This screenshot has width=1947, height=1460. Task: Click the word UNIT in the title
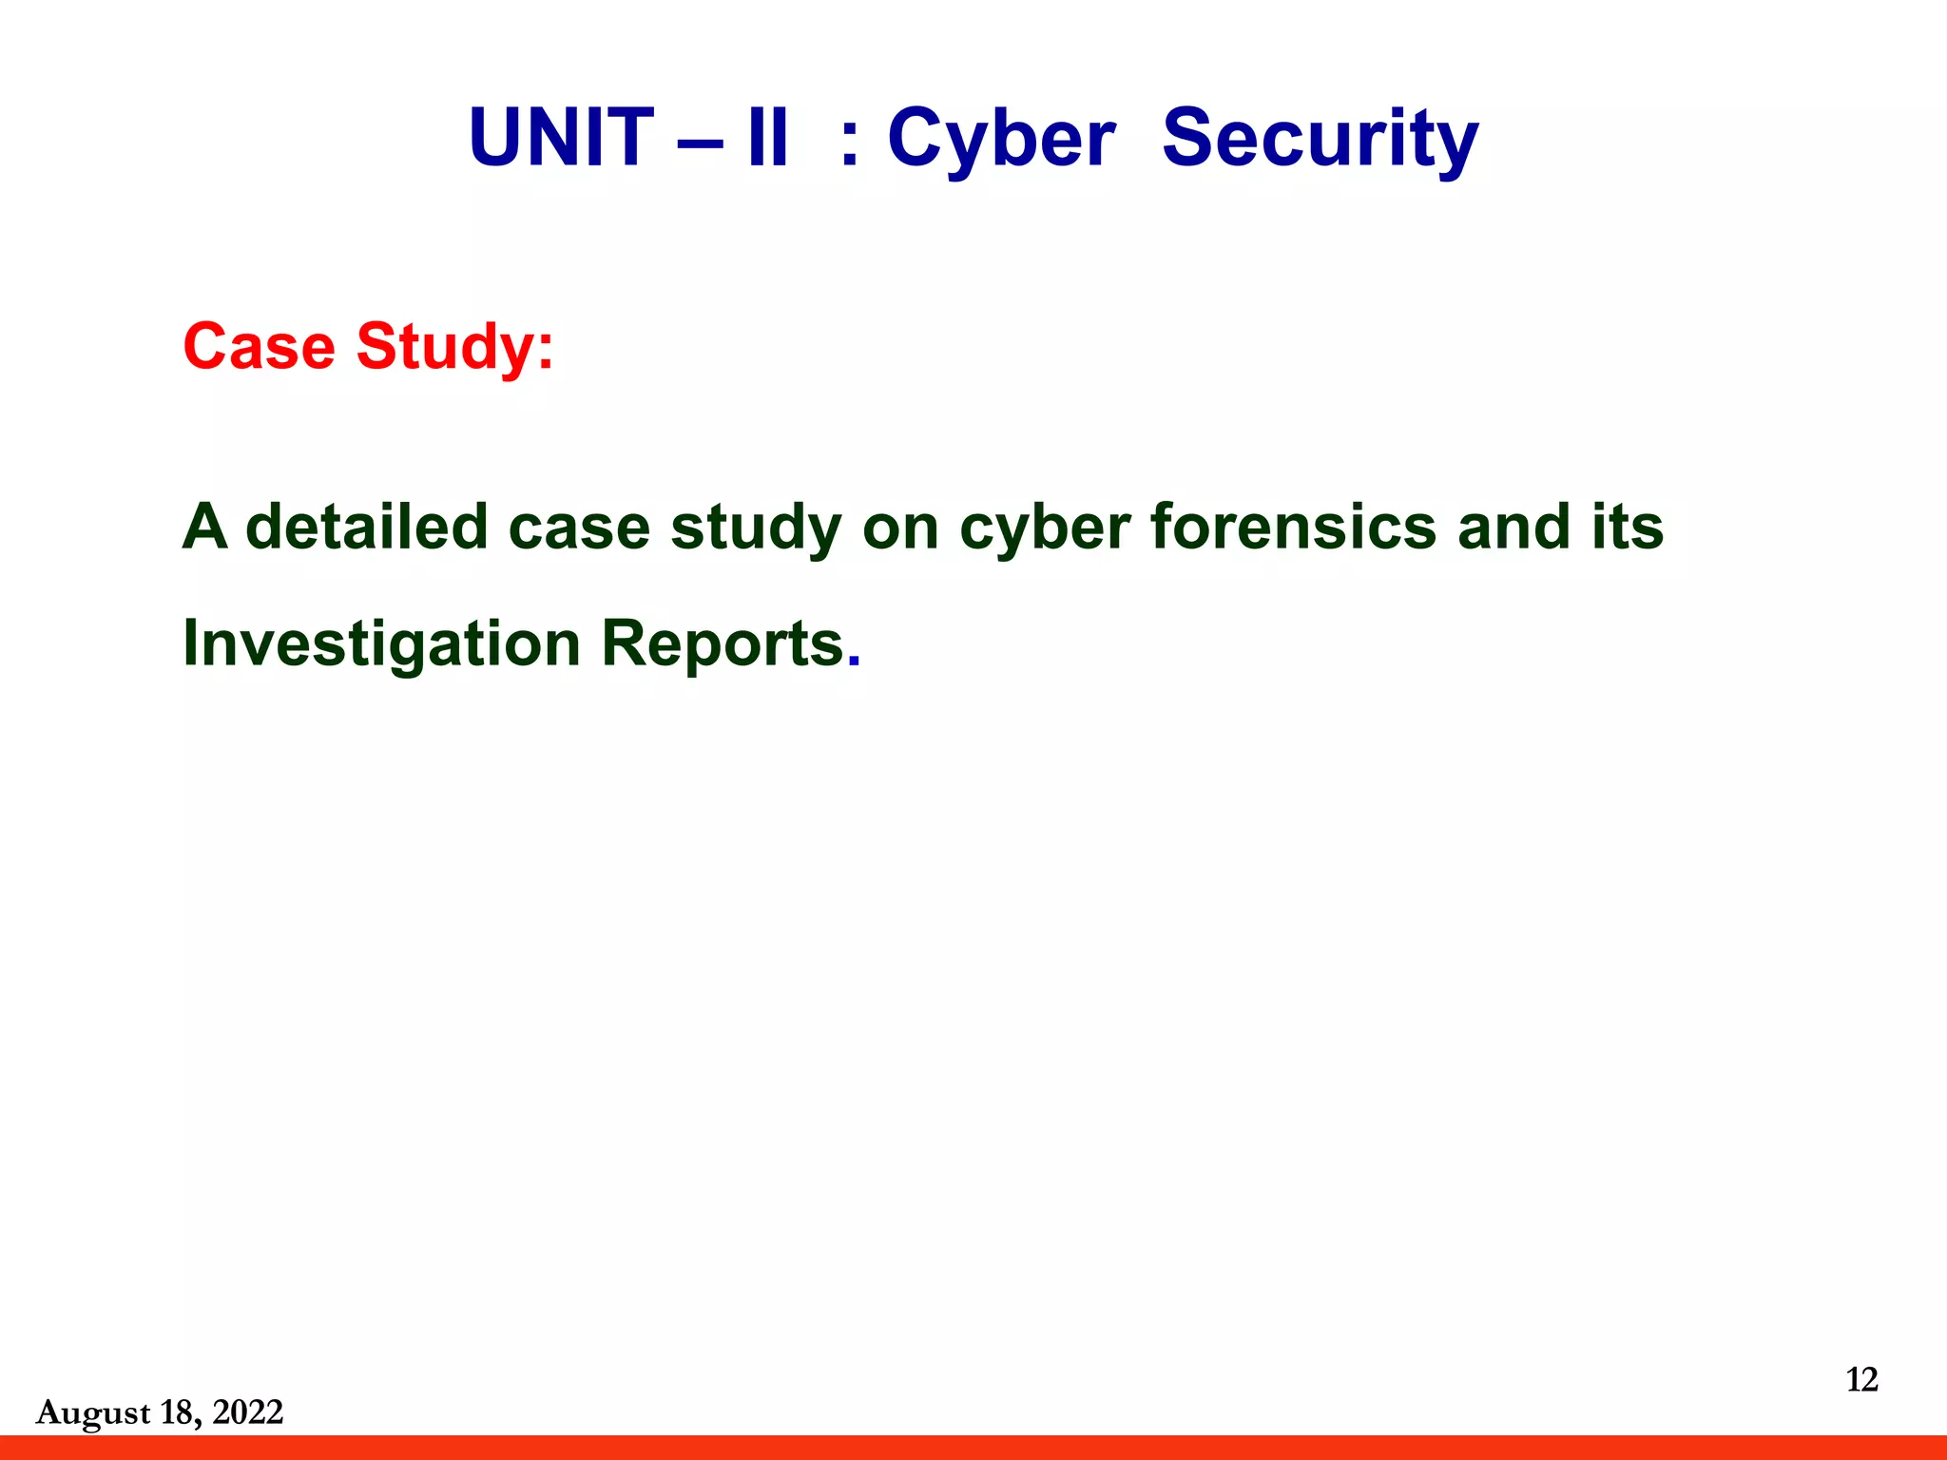[561, 138]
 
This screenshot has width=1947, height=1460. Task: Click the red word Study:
[454, 348]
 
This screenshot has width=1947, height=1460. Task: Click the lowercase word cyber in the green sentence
[1045, 528]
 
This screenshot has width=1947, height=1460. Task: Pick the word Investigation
[381, 645]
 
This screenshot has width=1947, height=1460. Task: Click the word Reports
[723, 645]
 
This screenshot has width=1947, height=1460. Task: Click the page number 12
[1861, 1379]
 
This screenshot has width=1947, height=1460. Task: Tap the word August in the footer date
[93, 1413]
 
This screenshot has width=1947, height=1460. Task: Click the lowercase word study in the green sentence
[756, 528]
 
